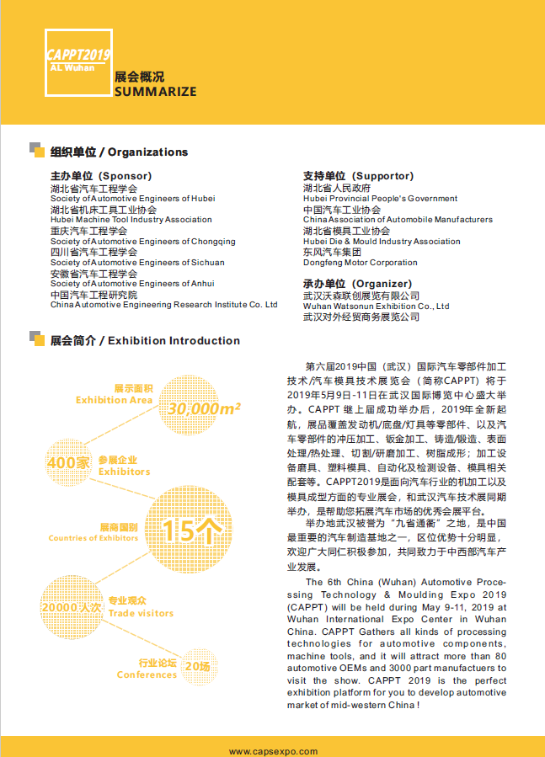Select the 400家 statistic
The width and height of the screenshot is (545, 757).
68,463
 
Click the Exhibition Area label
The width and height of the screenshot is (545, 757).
114,400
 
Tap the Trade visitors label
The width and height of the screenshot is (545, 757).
141,612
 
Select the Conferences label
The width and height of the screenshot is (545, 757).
147,674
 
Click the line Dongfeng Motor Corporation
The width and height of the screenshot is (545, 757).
360,263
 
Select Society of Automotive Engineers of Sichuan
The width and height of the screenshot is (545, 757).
137,263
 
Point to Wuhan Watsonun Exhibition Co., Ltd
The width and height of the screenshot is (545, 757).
376,307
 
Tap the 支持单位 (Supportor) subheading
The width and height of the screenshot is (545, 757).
358,176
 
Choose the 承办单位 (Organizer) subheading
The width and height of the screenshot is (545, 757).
357,284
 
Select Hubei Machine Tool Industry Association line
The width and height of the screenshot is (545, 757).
131,220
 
